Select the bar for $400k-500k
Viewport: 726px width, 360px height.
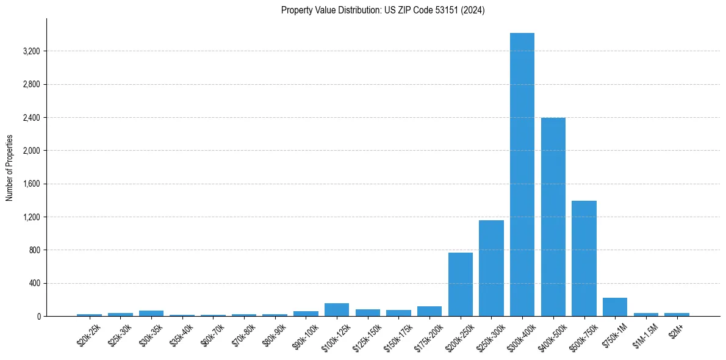pyautogui.click(x=553, y=217)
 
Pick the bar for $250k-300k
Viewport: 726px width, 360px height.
pyautogui.click(x=491, y=268)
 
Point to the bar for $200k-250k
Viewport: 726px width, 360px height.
pyautogui.click(x=461, y=284)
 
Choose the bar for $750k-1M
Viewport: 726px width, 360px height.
pyautogui.click(x=615, y=307)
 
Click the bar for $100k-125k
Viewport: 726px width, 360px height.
pyautogui.click(x=337, y=310)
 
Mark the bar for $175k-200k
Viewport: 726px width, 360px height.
pyautogui.click(x=429, y=311)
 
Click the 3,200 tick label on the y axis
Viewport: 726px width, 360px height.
pyautogui.click(x=31, y=51)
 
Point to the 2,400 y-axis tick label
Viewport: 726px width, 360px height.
pyautogui.click(x=31, y=118)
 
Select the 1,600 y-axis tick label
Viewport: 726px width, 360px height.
pyautogui.click(x=31, y=184)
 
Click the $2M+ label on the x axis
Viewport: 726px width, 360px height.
pyautogui.click(x=675, y=332)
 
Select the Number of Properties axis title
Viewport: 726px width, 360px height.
pyautogui.click(x=10, y=168)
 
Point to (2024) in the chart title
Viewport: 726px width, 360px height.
pyautogui.click(x=473, y=10)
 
